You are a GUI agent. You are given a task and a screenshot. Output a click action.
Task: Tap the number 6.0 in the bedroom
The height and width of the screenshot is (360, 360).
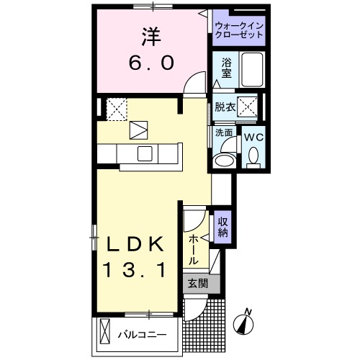[x=151, y=63]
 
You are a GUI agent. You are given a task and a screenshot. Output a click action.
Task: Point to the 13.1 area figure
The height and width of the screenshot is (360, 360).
[x=138, y=270]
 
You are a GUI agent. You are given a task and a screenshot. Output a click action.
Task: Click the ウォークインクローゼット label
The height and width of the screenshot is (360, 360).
[x=239, y=30]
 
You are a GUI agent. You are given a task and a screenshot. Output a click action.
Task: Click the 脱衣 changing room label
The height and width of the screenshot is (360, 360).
[x=225, y=107]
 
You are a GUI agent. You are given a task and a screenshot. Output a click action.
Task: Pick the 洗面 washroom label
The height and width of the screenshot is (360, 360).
[x=224, y=133]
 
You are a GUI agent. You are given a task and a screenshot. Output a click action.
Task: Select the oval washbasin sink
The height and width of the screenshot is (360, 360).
[x=225, y=159]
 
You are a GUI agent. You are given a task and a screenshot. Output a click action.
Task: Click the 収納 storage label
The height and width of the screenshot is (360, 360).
[x=223, y=227]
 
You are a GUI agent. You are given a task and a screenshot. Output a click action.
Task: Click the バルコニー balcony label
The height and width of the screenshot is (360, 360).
[x=142, y=335]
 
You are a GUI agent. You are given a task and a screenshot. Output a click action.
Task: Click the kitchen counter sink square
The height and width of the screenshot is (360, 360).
[x=144, y=153]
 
